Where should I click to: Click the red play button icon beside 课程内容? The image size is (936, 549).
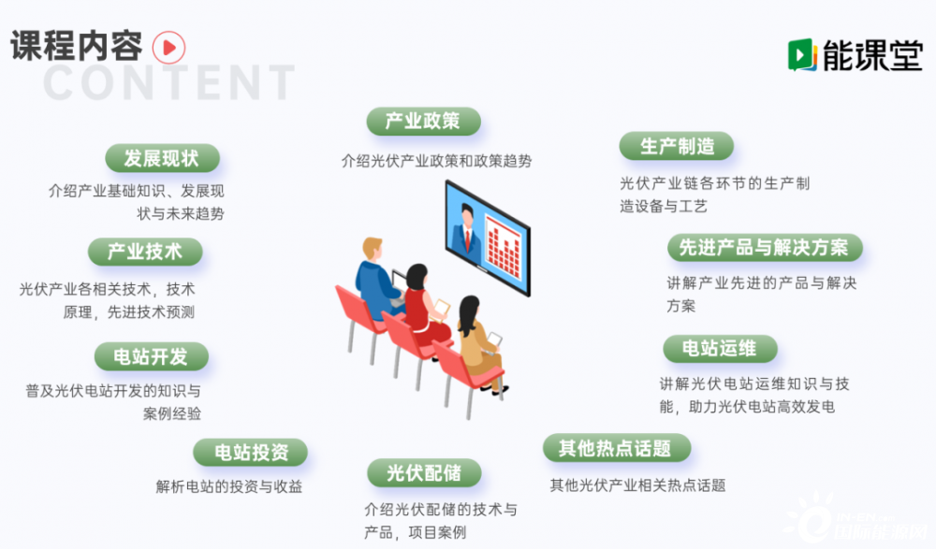[168, 48]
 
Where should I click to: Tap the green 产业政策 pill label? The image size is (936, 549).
[423, 122]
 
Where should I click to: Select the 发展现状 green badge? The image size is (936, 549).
[162, 158]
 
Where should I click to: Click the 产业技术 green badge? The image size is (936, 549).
[145, 252]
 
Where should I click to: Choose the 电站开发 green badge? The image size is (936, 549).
[151, 356]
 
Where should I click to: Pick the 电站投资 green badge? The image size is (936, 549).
[251, 453]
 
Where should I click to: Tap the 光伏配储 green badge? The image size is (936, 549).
[424, 473]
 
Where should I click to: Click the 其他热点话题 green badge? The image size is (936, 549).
[617, 448]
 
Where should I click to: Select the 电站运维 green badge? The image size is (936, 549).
[720, 349]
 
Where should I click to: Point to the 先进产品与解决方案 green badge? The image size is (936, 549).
[765, 248]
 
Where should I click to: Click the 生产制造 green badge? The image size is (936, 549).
[677, 146]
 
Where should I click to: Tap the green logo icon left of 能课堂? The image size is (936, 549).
[802, 55]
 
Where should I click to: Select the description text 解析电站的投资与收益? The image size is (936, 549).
[229, 486]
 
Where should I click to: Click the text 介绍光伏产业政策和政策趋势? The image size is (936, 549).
[436, 161]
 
